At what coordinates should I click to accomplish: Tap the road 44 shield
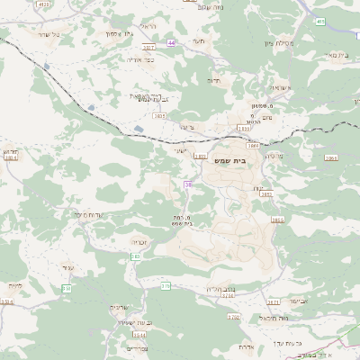171,42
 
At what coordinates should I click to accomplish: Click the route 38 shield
188,184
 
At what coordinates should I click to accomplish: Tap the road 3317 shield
148,46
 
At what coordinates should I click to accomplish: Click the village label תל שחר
42,33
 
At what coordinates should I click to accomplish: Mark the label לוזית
14,285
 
